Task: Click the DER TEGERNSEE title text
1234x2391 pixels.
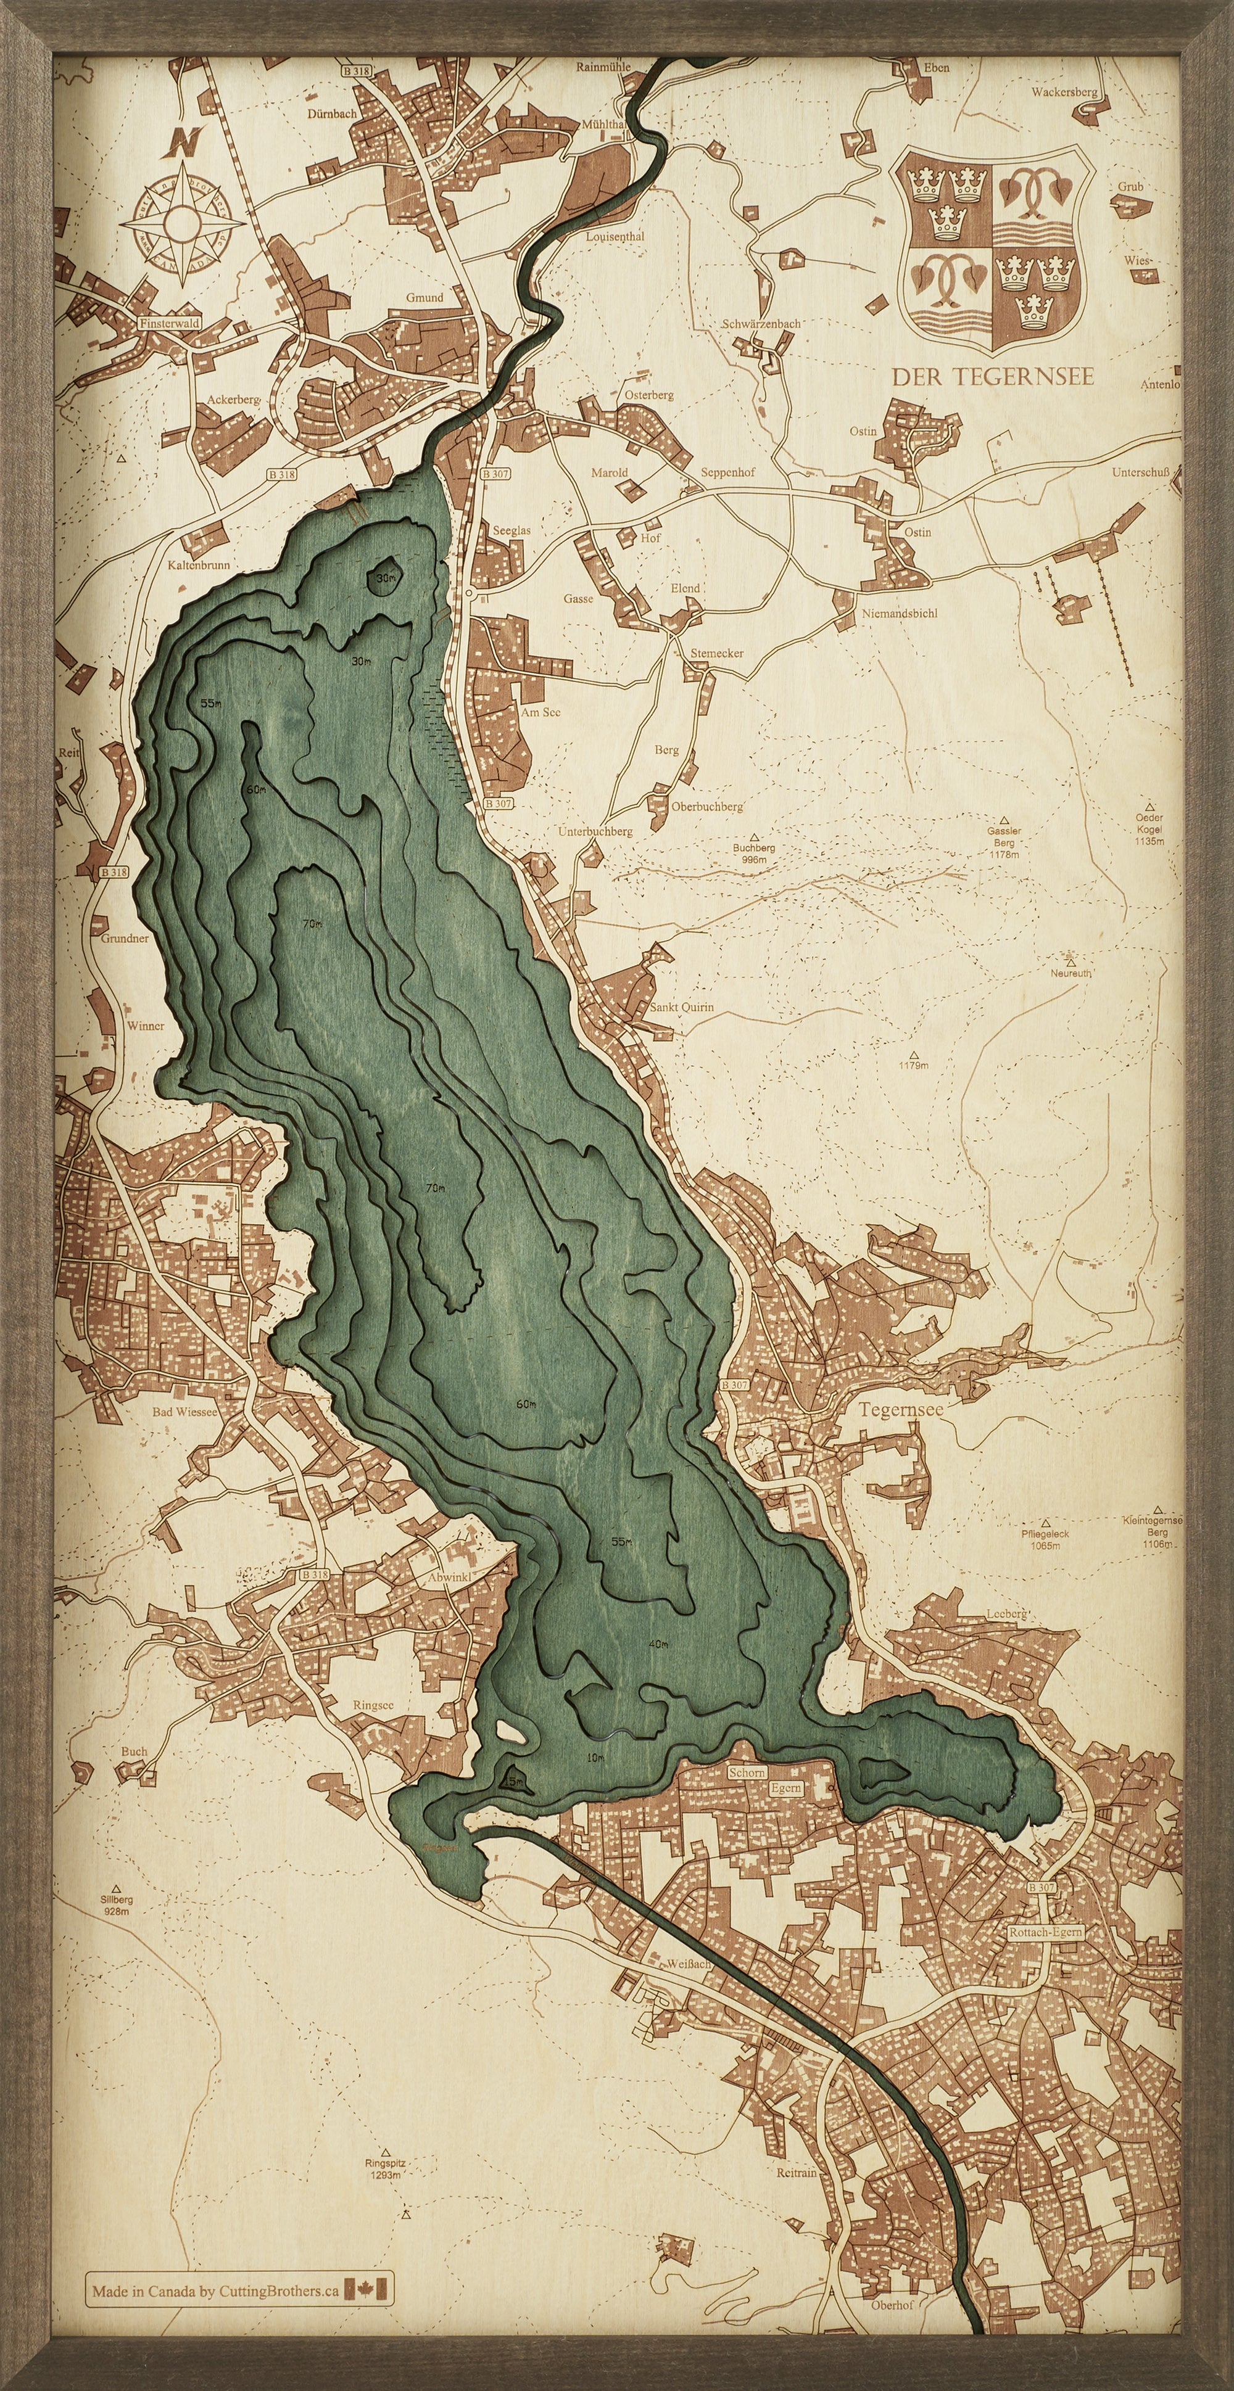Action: pos(993,377)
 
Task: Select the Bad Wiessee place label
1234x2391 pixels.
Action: pos(184,1412)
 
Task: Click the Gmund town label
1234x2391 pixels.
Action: pos(424,297)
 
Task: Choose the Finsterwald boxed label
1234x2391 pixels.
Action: pos(169,324)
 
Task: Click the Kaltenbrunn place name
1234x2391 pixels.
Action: pos(199,564)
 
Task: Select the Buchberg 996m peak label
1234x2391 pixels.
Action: pos(753,853)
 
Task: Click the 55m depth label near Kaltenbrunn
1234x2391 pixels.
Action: pos(211,704)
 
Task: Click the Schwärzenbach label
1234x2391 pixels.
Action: pos(761,324)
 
